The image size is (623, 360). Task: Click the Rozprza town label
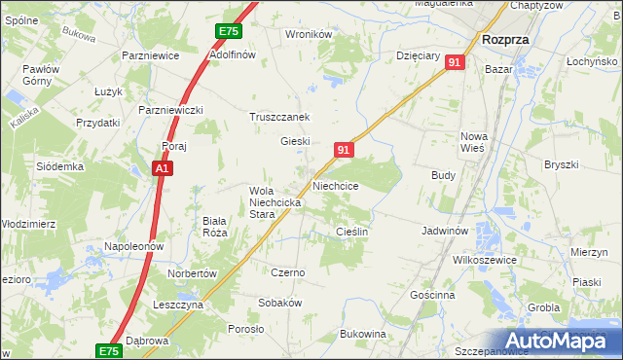pos(505,40)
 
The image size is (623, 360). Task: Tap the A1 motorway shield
pos(164,169)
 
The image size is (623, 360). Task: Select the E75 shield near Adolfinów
pos(228,32)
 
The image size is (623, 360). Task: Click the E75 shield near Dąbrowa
pos(109,350)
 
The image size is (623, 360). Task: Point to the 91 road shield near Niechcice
pos(343,150)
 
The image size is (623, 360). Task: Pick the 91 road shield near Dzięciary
pos(455,62)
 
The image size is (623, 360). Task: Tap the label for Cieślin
pos(350,232)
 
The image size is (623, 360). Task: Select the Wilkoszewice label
pos(484,261)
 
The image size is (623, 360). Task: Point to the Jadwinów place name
pos(446,232)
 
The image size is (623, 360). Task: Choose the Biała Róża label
pos(214,227)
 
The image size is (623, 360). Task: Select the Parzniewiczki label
pos(170,110)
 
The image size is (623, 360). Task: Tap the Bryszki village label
pos(563,164)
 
